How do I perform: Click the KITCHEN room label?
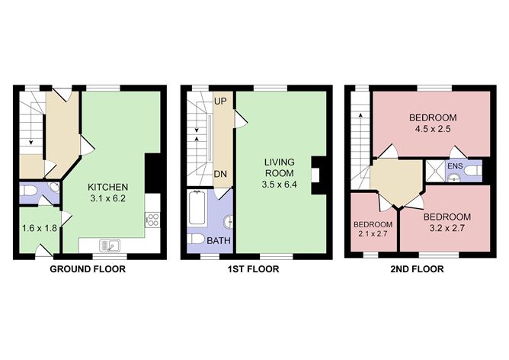pos(107,188)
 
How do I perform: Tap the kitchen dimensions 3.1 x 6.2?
pos(107,199)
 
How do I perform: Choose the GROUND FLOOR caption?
pos(88,269)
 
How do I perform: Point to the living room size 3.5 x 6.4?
pos(279,185)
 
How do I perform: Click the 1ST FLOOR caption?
pos(254,269)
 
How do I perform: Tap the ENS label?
pos(454,166)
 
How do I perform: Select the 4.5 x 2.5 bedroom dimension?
pos(432,130)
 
